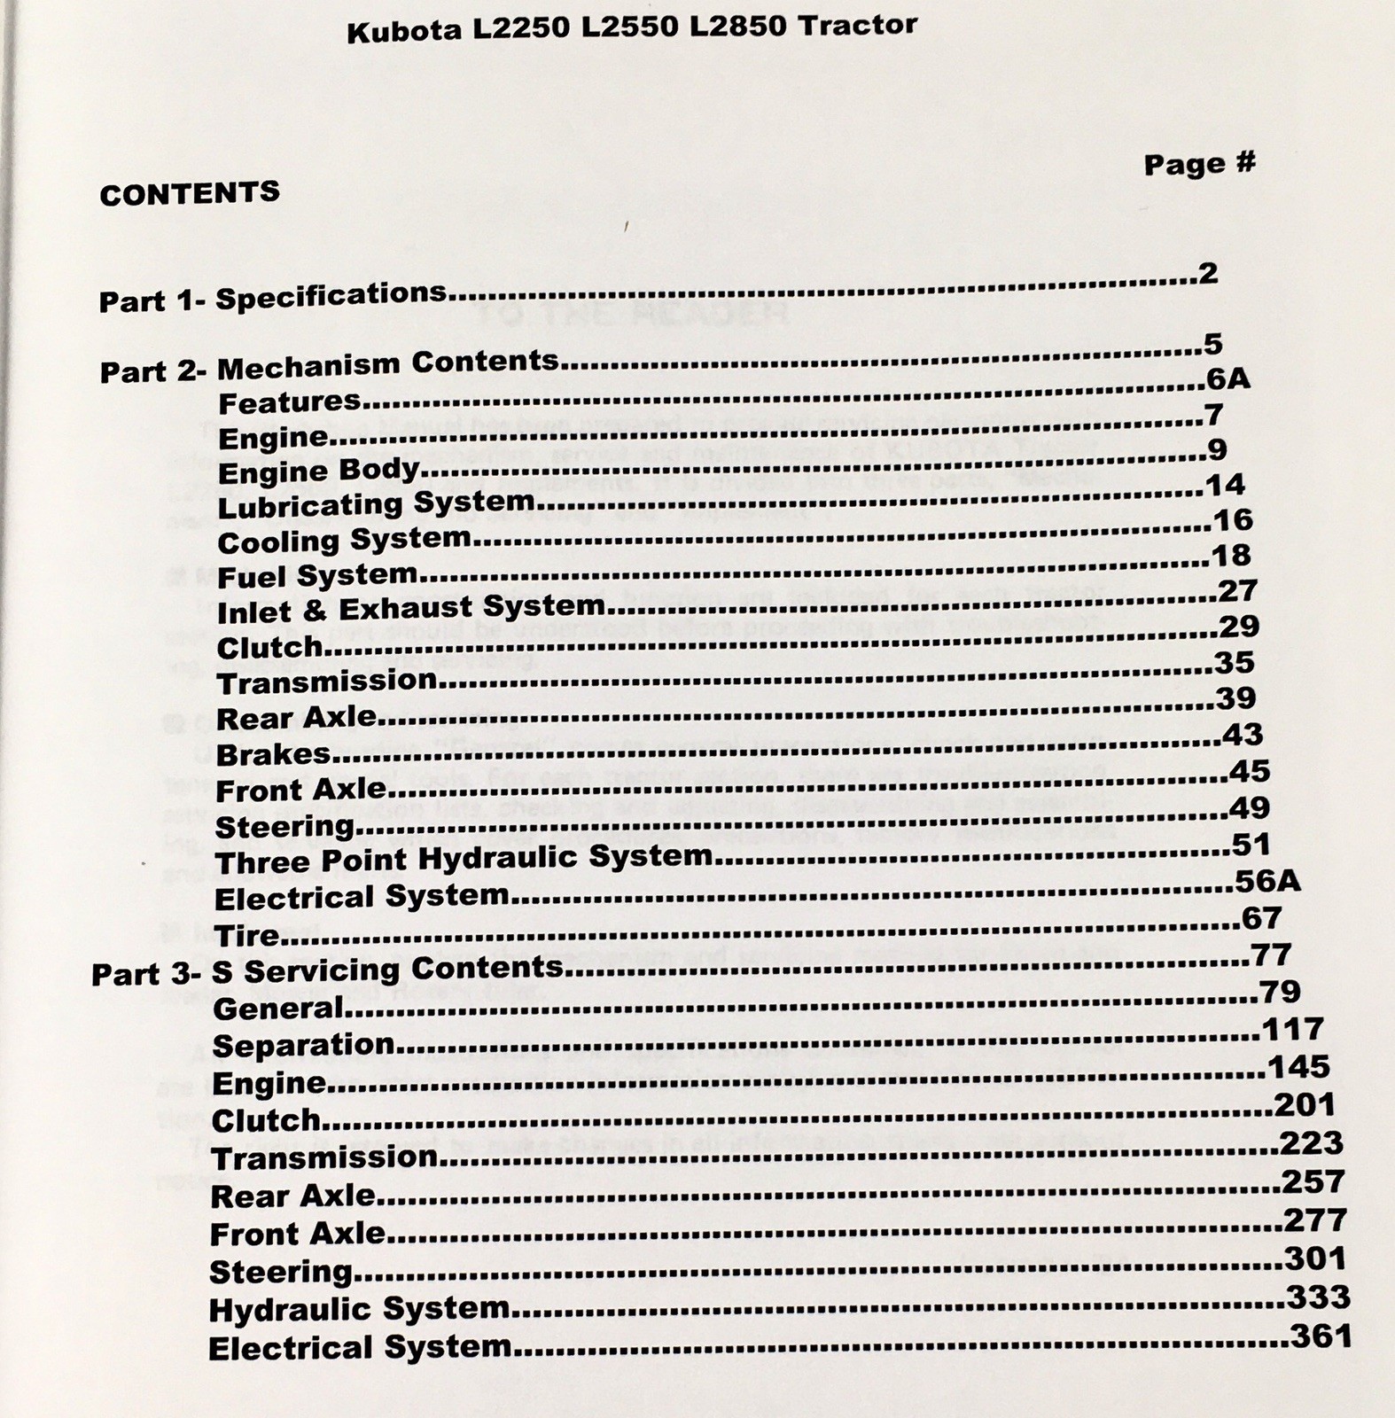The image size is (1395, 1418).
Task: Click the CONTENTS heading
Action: coord(190,193)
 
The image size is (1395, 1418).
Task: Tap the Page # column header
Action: coord(1199,164)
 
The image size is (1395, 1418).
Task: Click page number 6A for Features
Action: coord(1227,379)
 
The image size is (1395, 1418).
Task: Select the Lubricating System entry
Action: coord(376,504)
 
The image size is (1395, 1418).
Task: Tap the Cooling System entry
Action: coord(344,540)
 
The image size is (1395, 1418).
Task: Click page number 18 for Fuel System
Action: coord(1231,556)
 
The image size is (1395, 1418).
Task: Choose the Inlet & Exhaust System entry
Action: coord(410,609)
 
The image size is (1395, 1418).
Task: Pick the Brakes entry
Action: coord(273,754)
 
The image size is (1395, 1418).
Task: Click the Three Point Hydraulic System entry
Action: coord(464,859)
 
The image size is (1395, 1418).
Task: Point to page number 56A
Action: coord(1267,881)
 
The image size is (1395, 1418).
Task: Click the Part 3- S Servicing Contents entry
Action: coord(327,970)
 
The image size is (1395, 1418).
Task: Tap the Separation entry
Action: coord(303,1046)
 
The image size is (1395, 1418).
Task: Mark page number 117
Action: coord(1291,1029)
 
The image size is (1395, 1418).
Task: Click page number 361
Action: coord(1321,1336)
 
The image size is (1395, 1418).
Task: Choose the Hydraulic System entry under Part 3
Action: coord(359,1310)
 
